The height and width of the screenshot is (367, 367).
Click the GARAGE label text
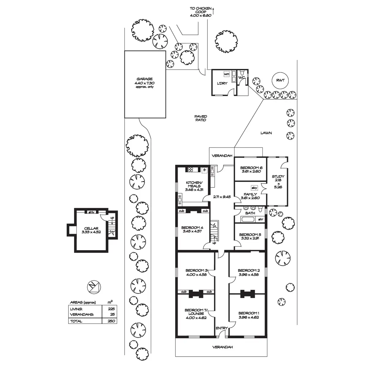[x=145, y=79]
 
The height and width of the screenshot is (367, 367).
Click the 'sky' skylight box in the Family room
[x=254, y=188]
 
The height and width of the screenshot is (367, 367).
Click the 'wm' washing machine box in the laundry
[x=227, y=74]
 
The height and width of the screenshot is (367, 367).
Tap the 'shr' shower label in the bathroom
[x=261, y=219]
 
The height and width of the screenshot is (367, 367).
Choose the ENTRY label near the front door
[x=221, y=328]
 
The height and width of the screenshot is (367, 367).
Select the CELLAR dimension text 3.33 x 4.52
[x=91, y=232]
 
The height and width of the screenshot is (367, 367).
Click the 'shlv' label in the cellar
[x=91, y=212]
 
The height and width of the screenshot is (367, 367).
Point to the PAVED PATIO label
[x=201, y=118]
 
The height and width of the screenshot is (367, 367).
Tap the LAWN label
[x=266, y=133]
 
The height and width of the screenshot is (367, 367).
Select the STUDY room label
[x=278, y=176]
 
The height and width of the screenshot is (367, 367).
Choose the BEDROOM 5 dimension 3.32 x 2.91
[x=250, y=238]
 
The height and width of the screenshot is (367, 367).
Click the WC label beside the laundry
[x=241, y=78]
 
